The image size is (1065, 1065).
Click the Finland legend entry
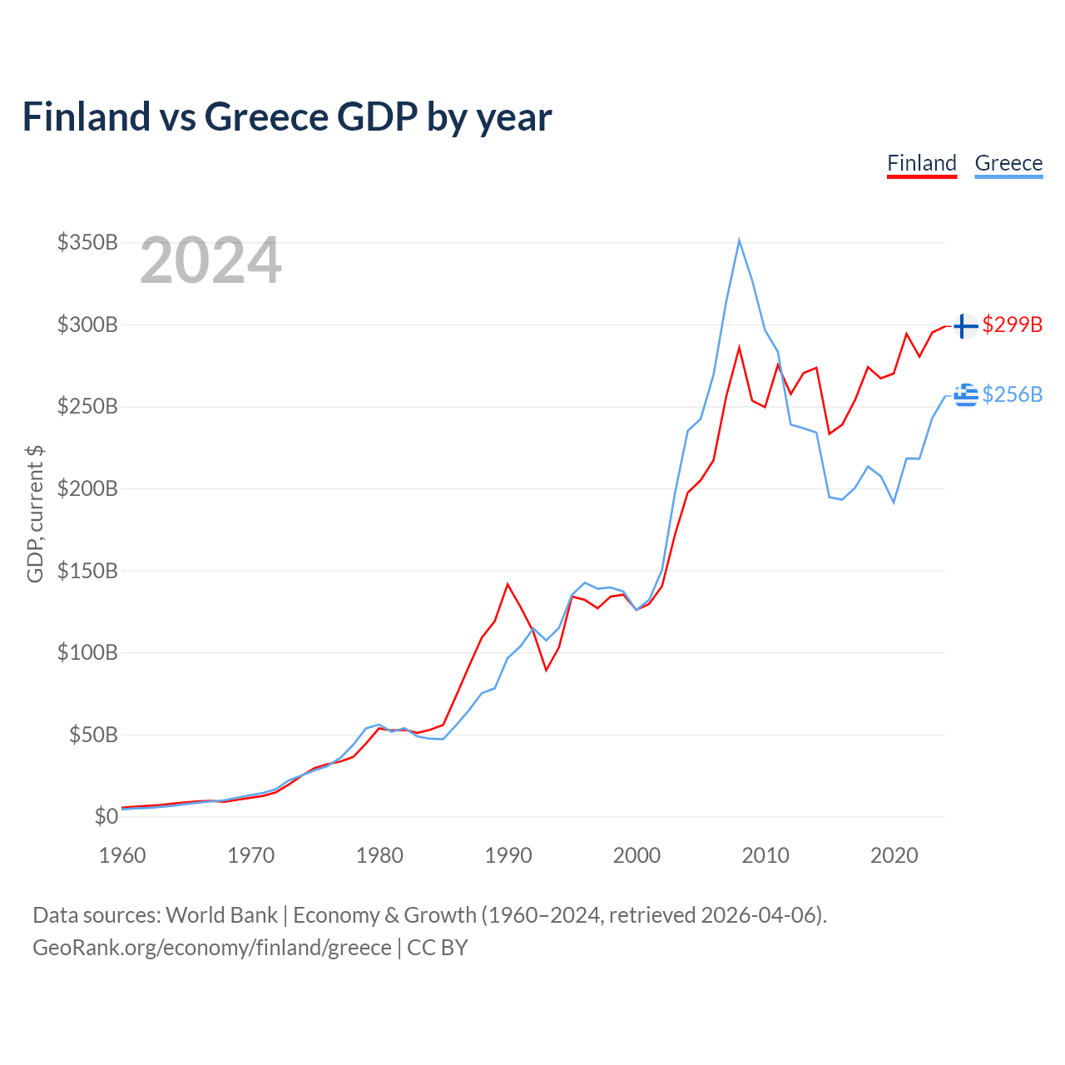[921, 164]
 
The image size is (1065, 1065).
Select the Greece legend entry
[1008, 164]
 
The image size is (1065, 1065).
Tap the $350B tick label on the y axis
[87, 242]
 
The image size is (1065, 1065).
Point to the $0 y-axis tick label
[106, 816]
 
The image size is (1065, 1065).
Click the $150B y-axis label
[87, 571]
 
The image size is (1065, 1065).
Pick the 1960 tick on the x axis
[122, 855]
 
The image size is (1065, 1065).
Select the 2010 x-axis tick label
[765, 855]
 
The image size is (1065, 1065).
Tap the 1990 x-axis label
[508, 855]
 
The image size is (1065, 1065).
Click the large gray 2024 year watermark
[211, 260]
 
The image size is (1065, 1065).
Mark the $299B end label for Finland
[1013, 324]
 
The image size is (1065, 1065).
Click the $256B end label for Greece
[1013, 394]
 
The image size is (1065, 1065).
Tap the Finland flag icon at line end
[966, 325]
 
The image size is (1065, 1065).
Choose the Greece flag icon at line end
[966, 395]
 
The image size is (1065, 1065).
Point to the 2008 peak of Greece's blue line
[740, 240]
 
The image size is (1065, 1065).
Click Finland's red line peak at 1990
[508, 584]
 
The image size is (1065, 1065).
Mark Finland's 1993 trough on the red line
[546, 670]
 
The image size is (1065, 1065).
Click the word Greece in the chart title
[266, 116]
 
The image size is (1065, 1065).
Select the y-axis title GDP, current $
[35, 514]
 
